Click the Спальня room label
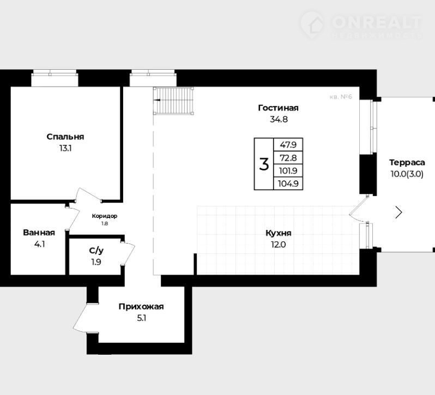coord(65,137)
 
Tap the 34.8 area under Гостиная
coord(279,119)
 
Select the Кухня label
coord(279,233)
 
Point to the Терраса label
coord(407,162)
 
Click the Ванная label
coord(39,233)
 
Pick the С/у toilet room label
coord(96,251)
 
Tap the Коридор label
coord(105,216)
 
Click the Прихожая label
coord(141,307)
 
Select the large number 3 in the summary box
coord(264,164)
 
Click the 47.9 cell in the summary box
coord(288,145)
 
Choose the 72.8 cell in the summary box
coord(288,157)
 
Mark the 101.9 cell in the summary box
coord(288,171)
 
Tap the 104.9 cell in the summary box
coord(288,184)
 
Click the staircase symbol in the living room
coord(174,101)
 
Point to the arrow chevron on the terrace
coord(399,212)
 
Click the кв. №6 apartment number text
coord(341,97)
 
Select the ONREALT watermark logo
coord(361,25)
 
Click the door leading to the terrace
coord(359,208)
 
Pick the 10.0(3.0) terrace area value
coord(407,174)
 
